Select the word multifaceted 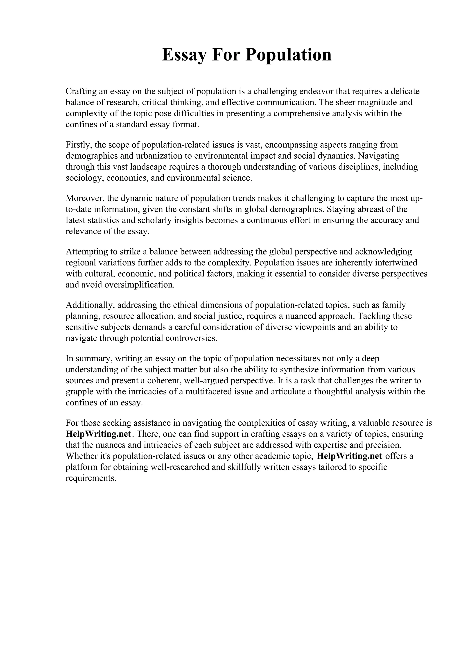[208, 392]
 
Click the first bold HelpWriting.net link [99, 434]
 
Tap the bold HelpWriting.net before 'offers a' [349, 456]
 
